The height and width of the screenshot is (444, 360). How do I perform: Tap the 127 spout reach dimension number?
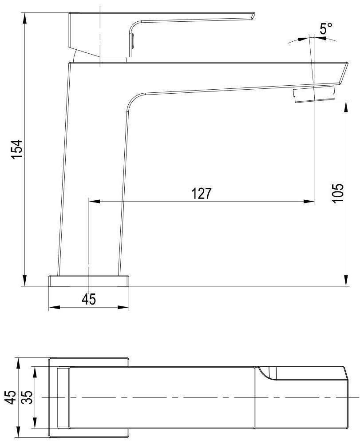(202, 194)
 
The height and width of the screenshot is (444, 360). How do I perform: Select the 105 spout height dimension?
(338, 193)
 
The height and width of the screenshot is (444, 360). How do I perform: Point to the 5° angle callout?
(326, 28)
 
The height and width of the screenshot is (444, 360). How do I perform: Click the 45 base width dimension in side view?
(89, 299)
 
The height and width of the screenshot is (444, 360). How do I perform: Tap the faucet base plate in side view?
(89, 281)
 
